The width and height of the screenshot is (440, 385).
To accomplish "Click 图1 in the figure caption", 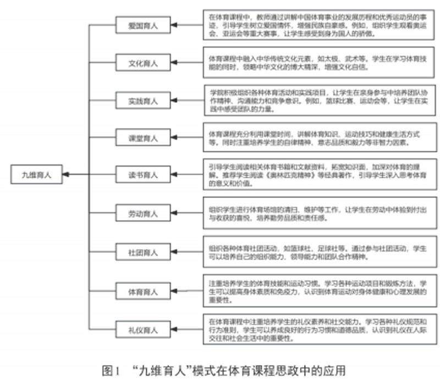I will (111, 369).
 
